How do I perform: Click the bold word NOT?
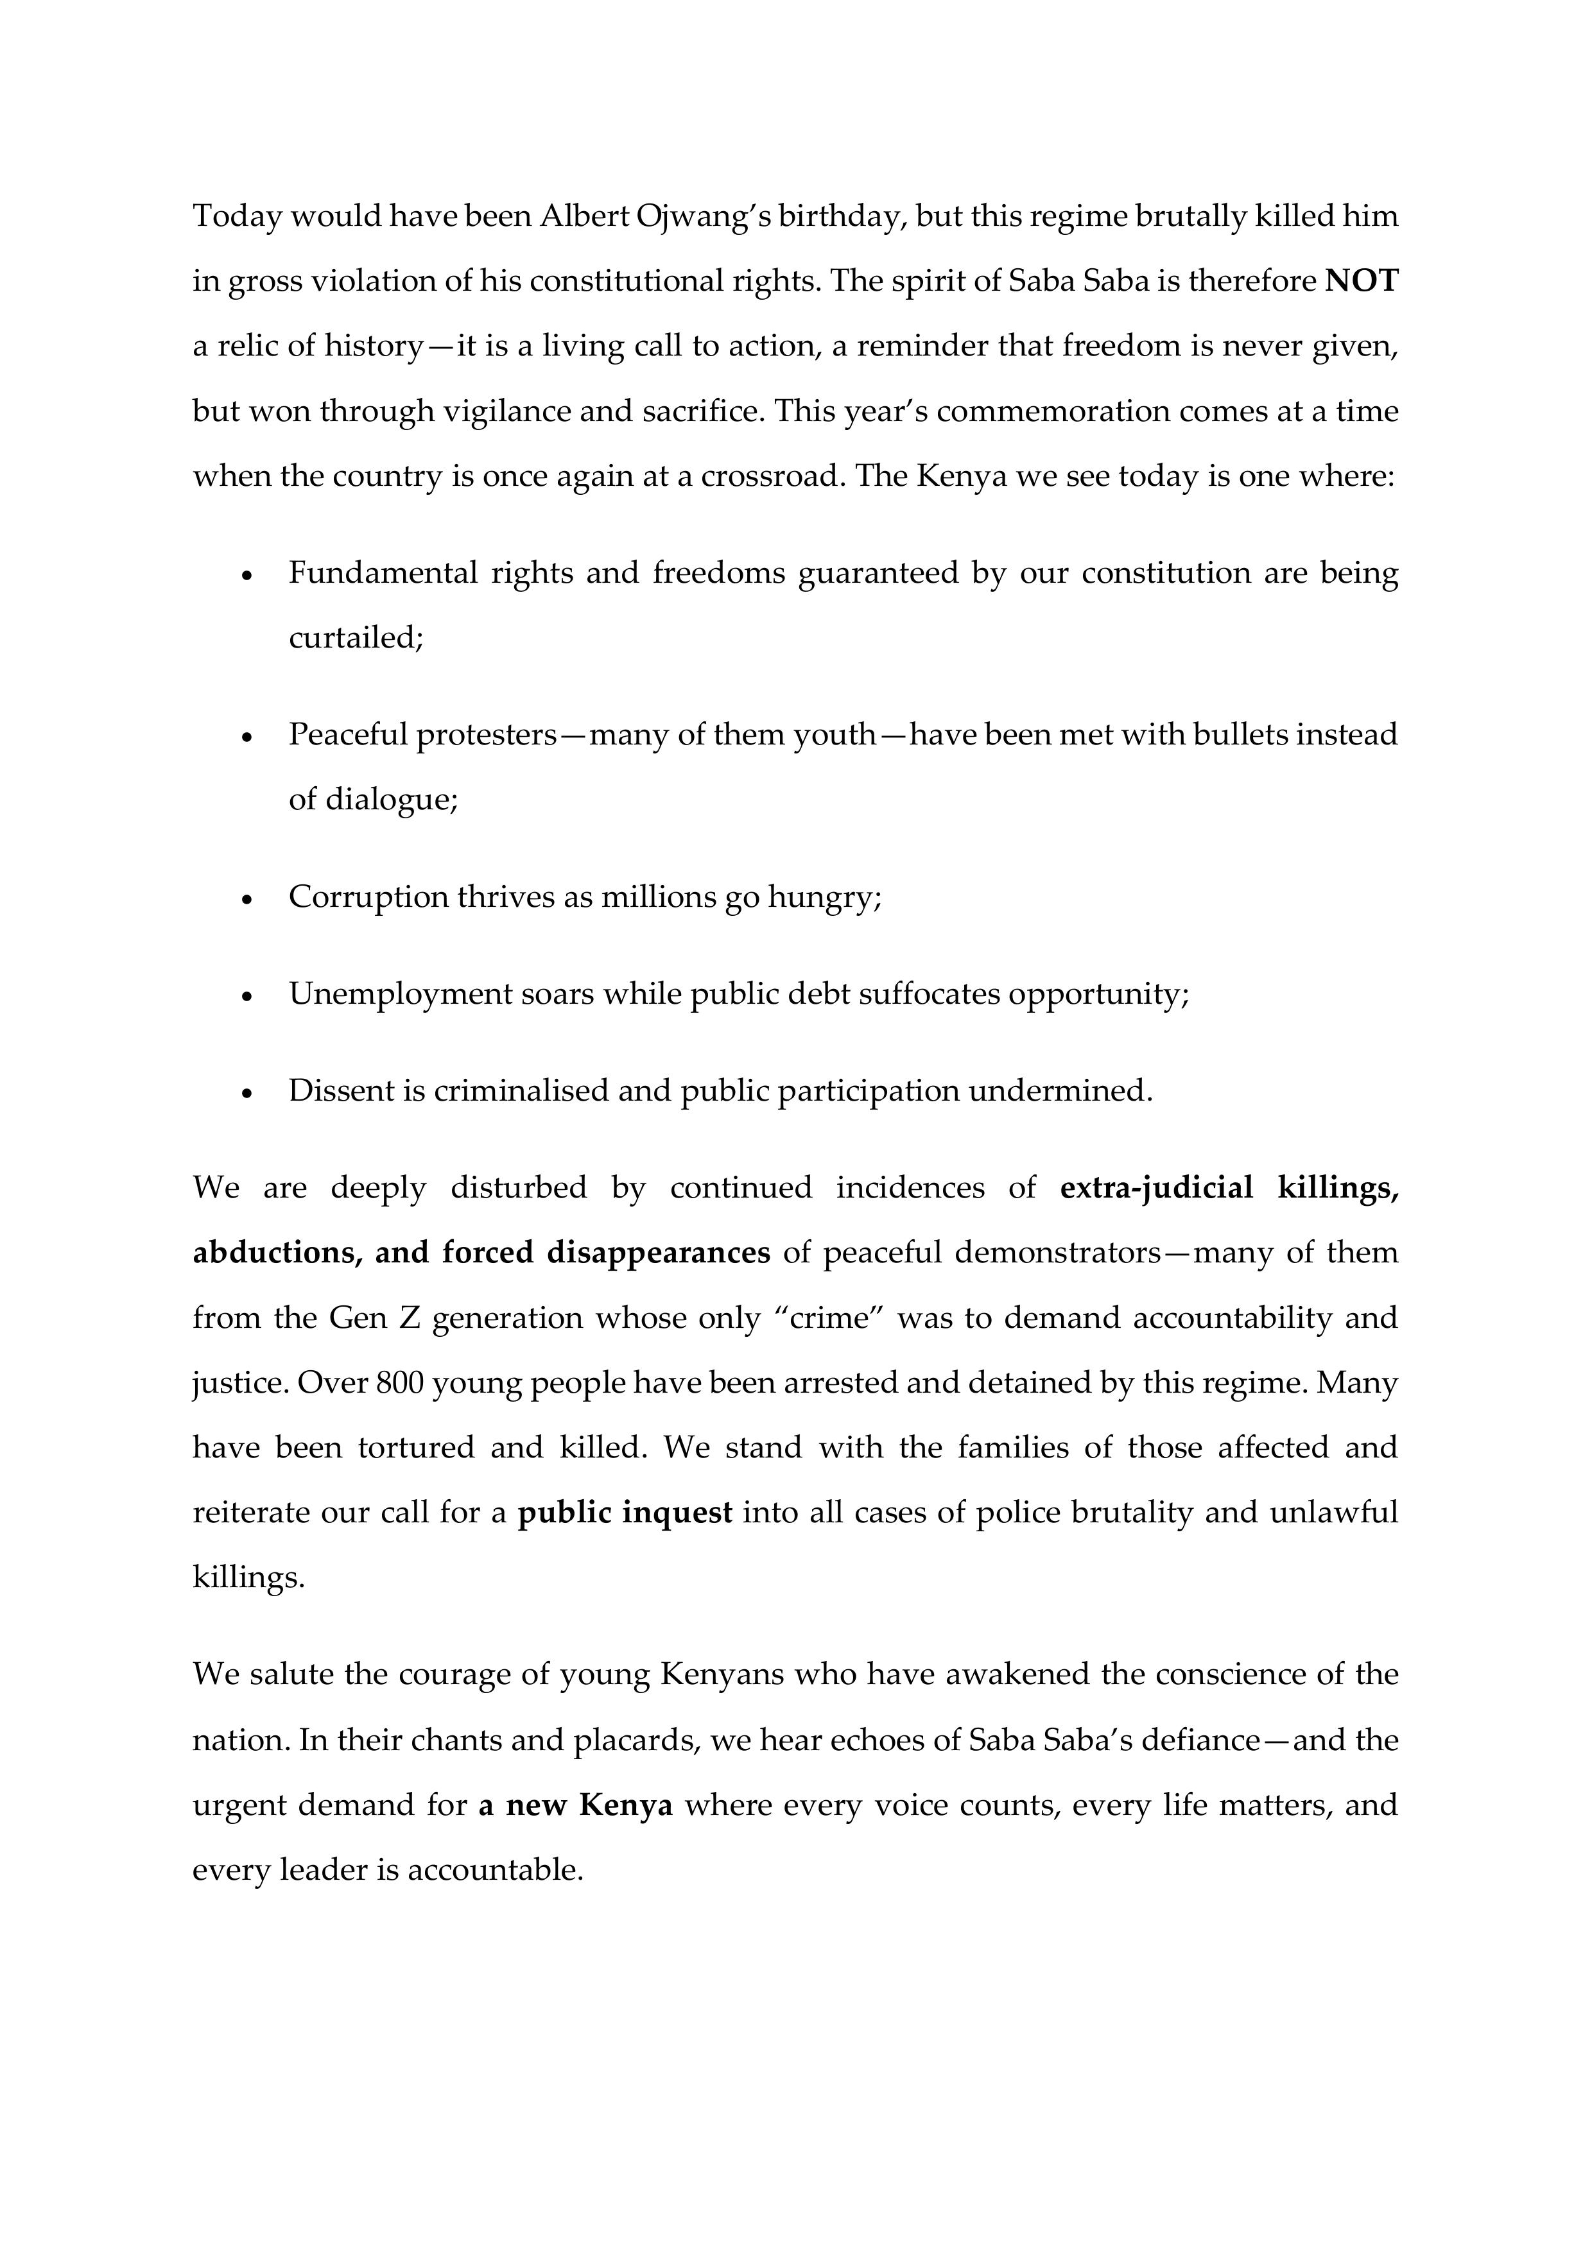click(1362, 282)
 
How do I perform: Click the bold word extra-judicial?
click(1157, 1188)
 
